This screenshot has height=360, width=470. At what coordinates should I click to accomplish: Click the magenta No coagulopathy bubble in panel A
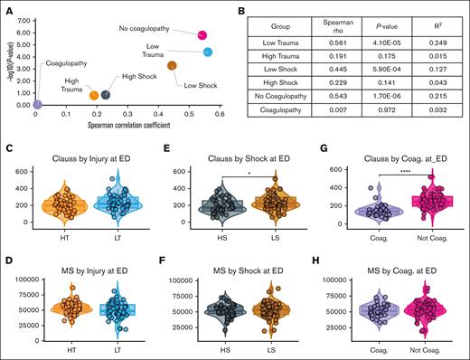(x=201, y=34)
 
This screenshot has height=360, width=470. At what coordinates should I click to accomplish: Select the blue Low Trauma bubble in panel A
(x=208, y=52)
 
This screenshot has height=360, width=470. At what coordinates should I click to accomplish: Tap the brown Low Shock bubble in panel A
(x=172, y=65)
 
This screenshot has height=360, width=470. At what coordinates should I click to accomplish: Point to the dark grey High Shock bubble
(x=106, y=94)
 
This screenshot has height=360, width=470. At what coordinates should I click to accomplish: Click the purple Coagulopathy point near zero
(x=35, y=105)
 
